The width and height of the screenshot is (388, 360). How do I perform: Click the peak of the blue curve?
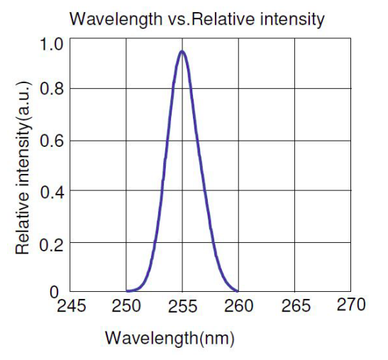tap(182, 51)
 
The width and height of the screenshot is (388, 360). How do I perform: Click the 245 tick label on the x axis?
tap(72, 306)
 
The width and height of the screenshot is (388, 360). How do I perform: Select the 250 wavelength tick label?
tap(126, 306)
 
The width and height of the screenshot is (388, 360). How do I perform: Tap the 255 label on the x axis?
tap(182, 306)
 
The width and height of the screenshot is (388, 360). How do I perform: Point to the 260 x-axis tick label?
tap(238, 306)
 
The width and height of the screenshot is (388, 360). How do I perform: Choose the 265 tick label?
tap(296, 305)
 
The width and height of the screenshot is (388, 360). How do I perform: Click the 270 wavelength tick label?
tap(351, 305)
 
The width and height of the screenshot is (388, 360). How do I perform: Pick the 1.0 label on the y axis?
tap(51, 44)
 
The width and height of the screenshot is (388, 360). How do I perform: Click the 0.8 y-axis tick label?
tap(52, 89)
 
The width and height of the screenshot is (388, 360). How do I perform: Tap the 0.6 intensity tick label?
tap(52, 141)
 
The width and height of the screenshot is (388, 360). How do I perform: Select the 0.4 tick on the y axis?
tap(52, 192)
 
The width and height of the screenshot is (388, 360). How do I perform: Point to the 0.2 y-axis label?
tap(51, 245)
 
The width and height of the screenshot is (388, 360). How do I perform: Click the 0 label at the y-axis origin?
tap(54, 293)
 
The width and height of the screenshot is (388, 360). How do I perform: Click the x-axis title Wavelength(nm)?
tap(170, 338)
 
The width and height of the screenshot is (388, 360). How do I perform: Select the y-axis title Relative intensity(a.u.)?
tap(23, 168)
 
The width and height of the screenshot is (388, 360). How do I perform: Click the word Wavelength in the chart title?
tap(116, 19)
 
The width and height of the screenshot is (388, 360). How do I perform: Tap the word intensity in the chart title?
tap(292, 19)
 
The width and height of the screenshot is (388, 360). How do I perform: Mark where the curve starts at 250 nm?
tap(127, 291)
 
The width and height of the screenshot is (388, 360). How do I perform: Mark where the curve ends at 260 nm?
tap(238, 291)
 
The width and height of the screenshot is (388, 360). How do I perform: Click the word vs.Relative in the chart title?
tap(211, 19)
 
